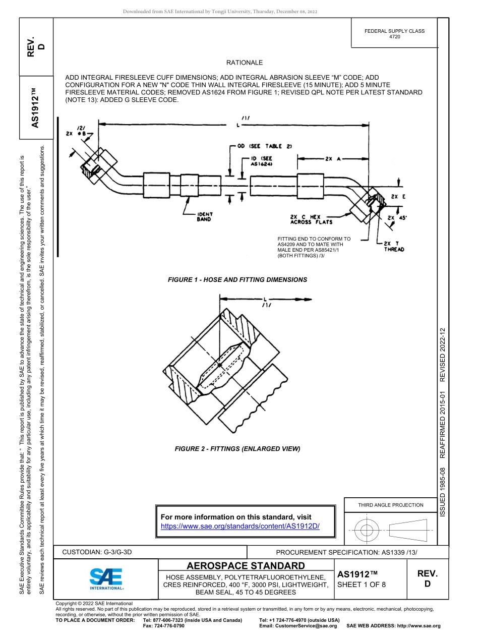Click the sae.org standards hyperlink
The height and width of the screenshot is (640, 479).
240,526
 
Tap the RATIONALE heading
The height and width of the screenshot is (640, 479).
245,63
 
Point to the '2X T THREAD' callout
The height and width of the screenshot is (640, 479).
393,246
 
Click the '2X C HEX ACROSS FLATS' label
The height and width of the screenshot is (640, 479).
311,219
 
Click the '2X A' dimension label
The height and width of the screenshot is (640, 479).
333,159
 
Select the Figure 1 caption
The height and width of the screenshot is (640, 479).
237,279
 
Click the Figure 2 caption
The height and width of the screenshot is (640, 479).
237,449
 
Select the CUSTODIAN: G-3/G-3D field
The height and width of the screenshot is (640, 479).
97,552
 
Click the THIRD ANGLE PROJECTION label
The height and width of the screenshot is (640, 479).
391,505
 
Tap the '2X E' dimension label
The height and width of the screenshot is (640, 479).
397,197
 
